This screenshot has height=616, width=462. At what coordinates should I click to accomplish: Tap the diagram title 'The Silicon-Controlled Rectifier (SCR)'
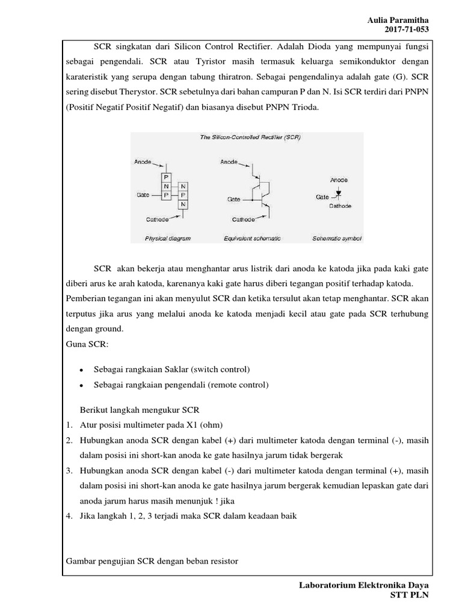[250, 138]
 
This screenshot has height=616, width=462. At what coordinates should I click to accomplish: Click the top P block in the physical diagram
[167, 177]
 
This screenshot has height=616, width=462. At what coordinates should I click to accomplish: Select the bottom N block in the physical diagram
[183, 205]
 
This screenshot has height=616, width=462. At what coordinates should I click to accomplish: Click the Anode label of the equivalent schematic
[229, 162]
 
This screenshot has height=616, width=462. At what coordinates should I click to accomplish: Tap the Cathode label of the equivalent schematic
[244, 220]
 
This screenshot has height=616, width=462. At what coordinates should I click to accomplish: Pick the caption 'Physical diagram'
[167, 238]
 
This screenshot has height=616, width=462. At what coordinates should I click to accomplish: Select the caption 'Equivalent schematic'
[252, 238]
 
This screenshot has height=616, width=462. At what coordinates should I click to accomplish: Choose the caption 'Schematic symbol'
[337, 238]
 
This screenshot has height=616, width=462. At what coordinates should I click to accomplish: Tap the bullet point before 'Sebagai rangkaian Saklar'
[81, 369]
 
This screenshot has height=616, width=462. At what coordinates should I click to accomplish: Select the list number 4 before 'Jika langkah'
[70, 516]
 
